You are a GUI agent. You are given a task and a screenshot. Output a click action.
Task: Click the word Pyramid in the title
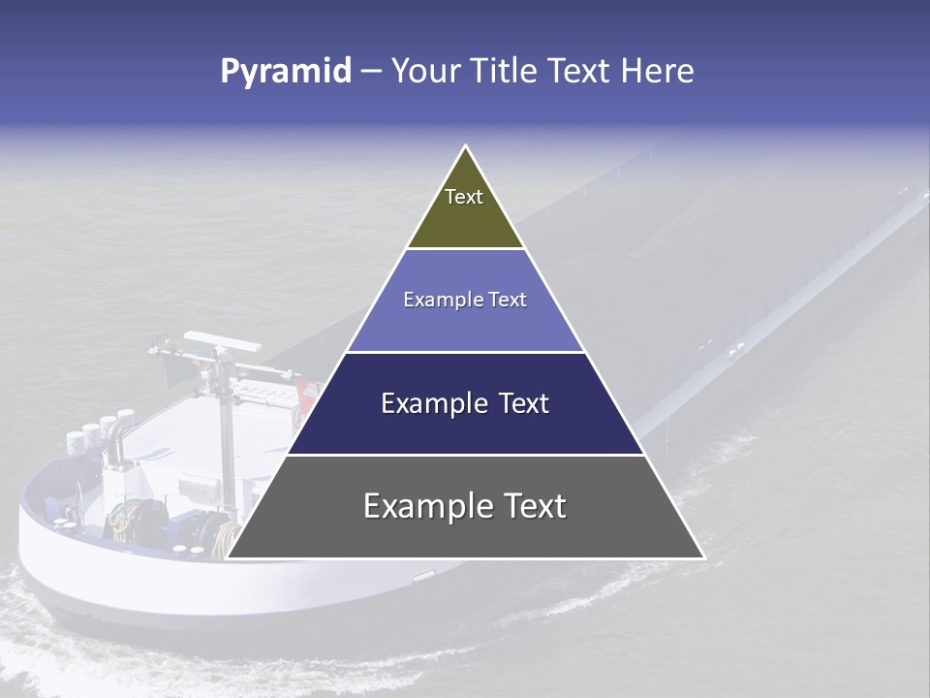click(286, 72)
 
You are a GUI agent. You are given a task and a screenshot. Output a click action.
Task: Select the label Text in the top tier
click(464, 197)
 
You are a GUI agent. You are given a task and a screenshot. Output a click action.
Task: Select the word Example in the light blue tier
click(434, 300)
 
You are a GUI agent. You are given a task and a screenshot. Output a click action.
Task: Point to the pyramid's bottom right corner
click(703, 557)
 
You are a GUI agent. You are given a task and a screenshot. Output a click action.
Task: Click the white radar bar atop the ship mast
click(223, 340)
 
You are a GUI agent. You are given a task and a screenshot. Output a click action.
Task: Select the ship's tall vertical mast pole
click(226, 427)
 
